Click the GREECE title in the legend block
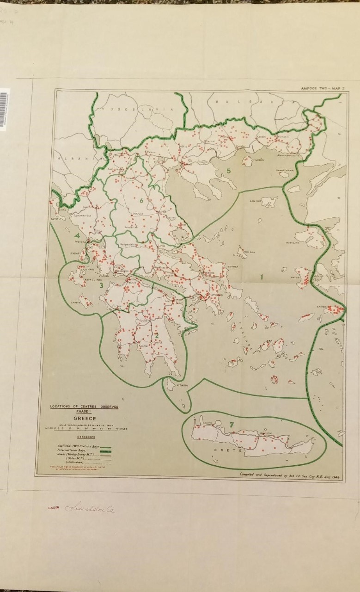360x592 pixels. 84,418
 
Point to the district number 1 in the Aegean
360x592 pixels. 262,277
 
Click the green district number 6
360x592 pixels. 141,200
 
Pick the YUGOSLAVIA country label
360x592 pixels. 137,110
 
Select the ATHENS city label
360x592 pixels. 217,295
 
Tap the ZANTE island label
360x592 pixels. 76,302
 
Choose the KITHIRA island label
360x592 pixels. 182,385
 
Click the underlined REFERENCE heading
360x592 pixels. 86,437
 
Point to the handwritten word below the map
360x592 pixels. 90,508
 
